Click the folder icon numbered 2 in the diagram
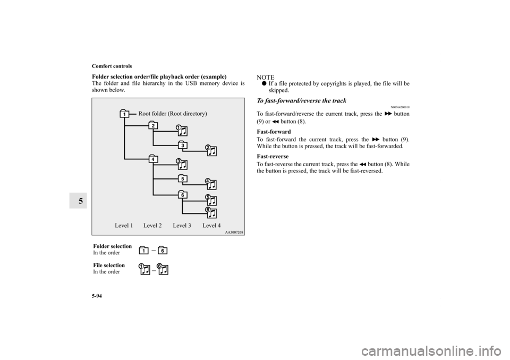153,125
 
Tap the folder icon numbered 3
182,145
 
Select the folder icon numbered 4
153,159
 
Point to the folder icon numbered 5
182,178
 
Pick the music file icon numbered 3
182,164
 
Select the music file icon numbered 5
211,200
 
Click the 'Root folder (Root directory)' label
172,114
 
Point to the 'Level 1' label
124,226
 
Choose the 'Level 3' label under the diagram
182,226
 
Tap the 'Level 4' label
211,226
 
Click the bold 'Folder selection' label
112,246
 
